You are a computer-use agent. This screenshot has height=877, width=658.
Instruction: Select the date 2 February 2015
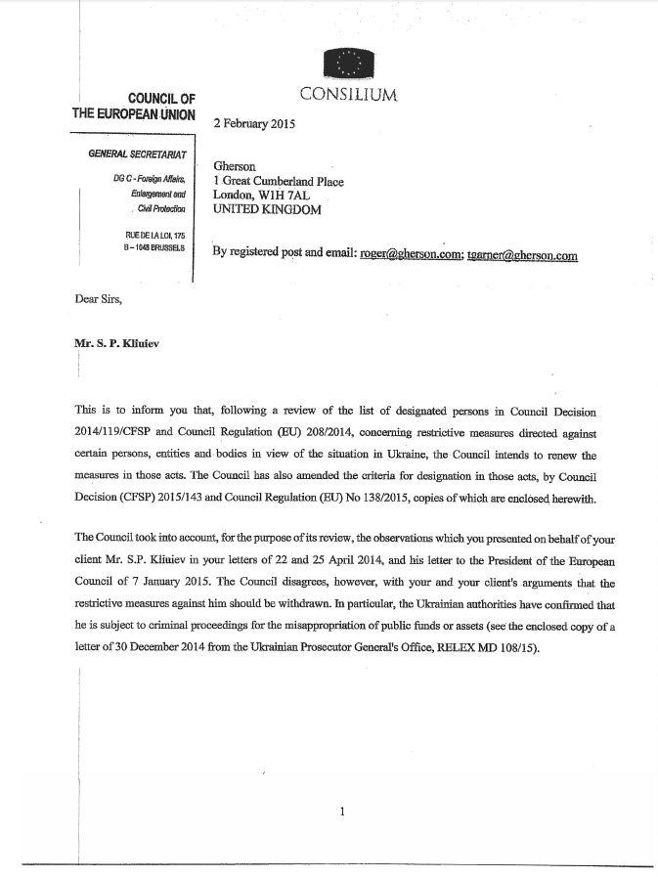click(x=254, y=124)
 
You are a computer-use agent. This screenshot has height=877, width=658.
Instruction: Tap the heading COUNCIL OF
click(x=161, y=98)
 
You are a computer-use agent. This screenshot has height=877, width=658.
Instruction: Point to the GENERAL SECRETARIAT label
click(x=138, y=155)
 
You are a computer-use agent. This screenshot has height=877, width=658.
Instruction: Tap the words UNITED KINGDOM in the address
click(x=267, y=209)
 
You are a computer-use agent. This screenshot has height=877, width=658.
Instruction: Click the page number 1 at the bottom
click(x=342, y=811)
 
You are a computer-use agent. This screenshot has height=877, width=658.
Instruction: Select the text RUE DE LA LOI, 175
click(x=155, y=236)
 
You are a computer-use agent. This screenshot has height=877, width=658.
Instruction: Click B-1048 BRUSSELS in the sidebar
click(x=156, y=249)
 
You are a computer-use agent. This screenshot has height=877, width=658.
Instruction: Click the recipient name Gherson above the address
click(x=235, y=167)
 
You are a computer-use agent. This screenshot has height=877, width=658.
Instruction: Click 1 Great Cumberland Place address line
click(x=279, y=182)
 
